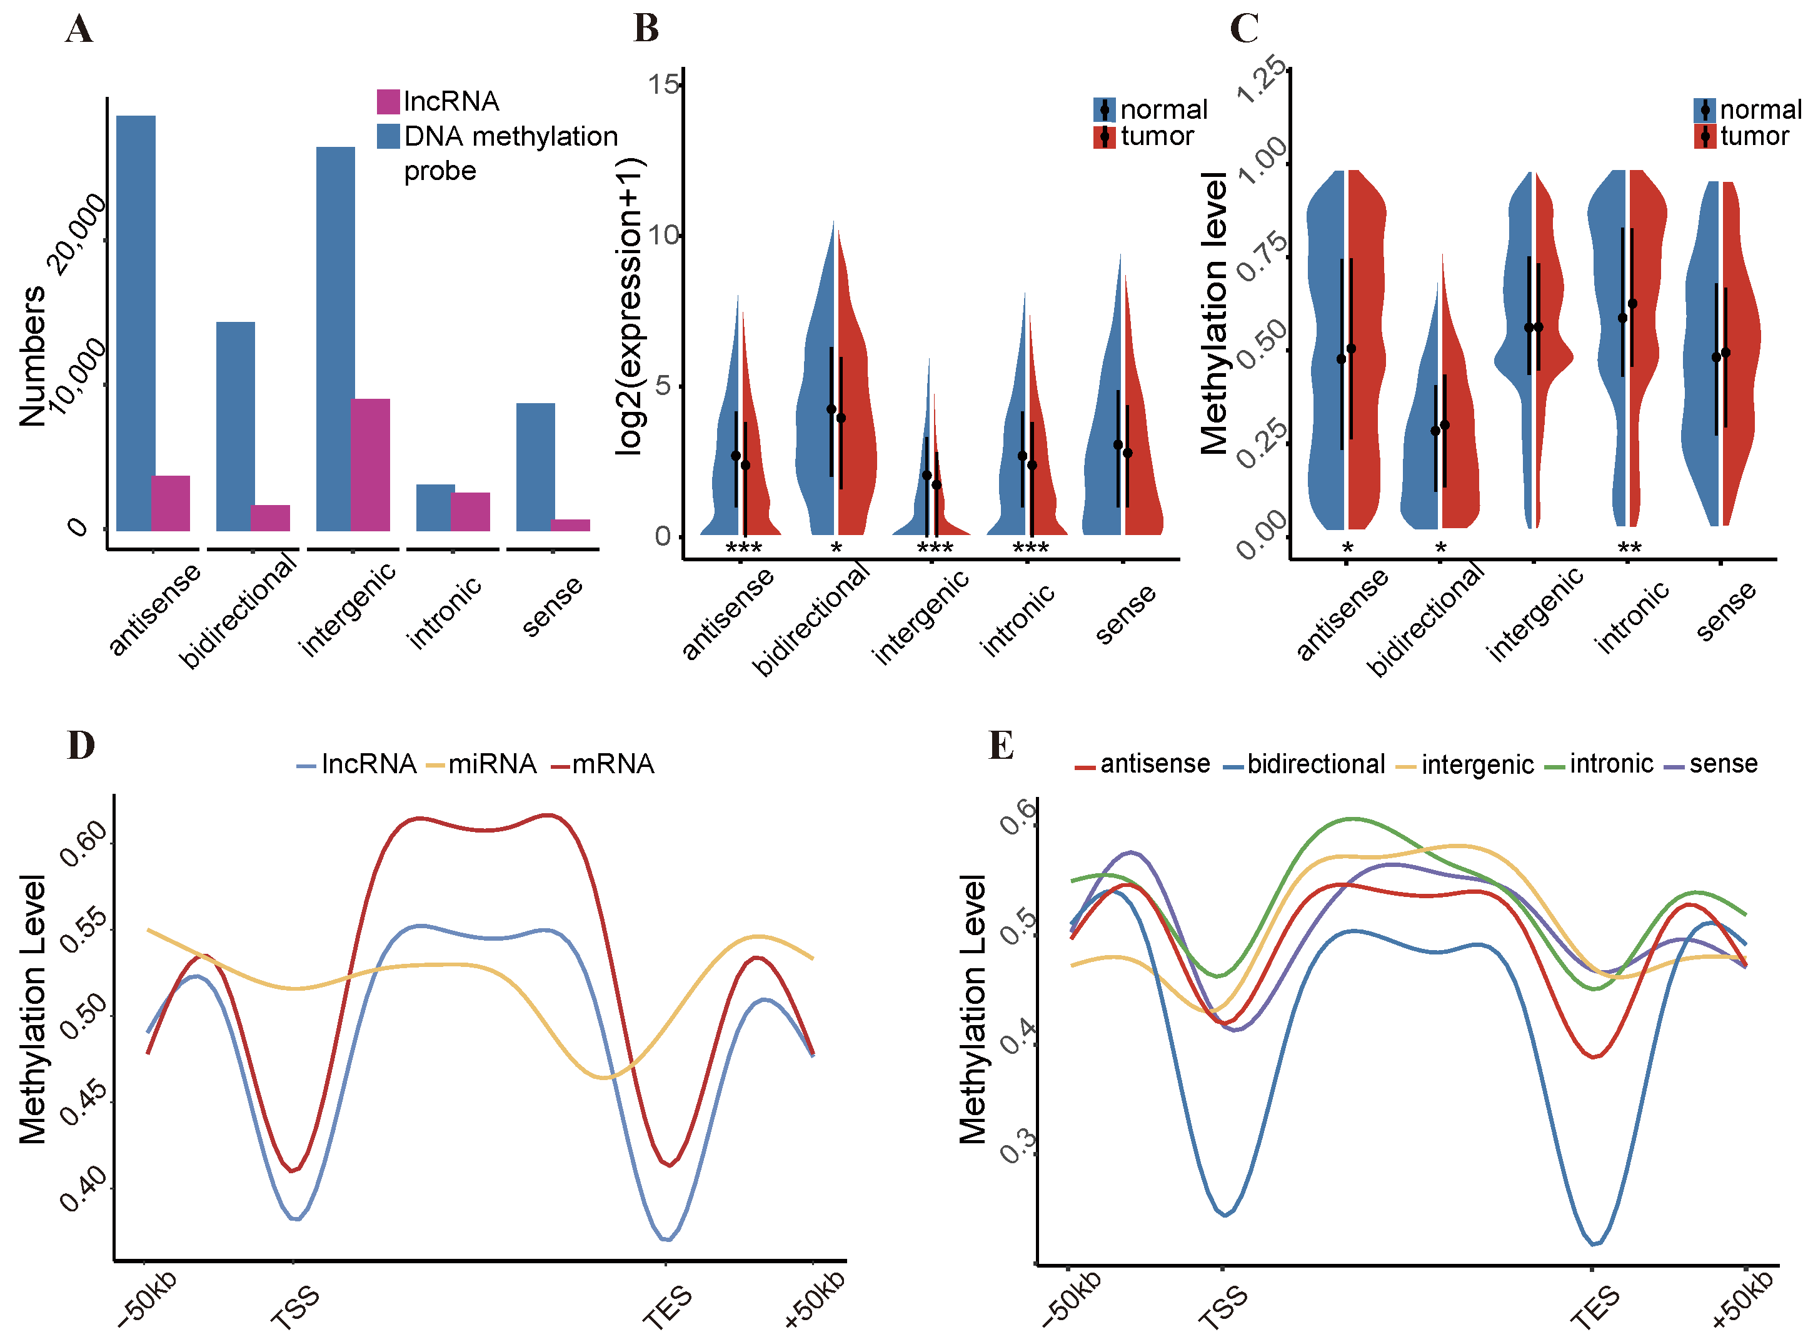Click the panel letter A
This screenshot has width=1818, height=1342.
pyautogui.click(x=79, y=29)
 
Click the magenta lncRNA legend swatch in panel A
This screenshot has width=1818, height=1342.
pyautogui.click(x=388, y=101)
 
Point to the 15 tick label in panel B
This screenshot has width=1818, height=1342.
pyautogui.click(x=663, y=84)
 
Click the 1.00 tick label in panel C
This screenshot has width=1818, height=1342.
pyautogui.click(x=1262, y=161)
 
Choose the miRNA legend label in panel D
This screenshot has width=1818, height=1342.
pyautogui.click(x=491, y=764)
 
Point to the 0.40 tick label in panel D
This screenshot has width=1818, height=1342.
pyautogui.click(x=84, y=1188)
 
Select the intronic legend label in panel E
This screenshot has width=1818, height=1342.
pyautogui.click(x=1611, y=764)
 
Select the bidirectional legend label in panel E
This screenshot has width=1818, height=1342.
pyautogui.click(x=1316, y=764)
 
